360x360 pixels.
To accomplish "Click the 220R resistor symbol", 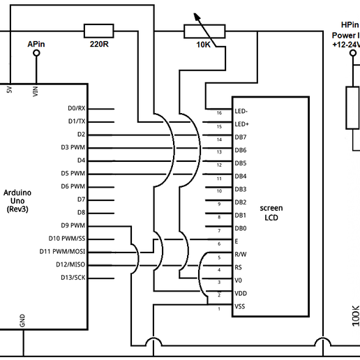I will [98, 31].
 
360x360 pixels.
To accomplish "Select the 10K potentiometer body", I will [204, 31].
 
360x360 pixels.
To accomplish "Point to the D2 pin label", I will [81, 134].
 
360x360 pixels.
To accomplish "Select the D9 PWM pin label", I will [73, 225].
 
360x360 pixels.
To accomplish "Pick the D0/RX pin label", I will [76, 108].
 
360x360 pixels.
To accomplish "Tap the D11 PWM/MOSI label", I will [62, 252].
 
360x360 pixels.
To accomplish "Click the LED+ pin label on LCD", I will [241, 124].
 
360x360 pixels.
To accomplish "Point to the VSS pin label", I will [239, 306].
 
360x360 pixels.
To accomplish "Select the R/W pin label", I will [240, 254].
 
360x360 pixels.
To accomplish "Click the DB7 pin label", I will [240, 137].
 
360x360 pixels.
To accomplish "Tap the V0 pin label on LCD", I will [239, 280].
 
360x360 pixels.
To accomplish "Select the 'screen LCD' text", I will [271, 213].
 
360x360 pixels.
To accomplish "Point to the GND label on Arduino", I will [22, 320].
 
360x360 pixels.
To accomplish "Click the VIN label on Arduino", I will [35, 91].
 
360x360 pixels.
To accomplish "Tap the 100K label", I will [354, 315].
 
